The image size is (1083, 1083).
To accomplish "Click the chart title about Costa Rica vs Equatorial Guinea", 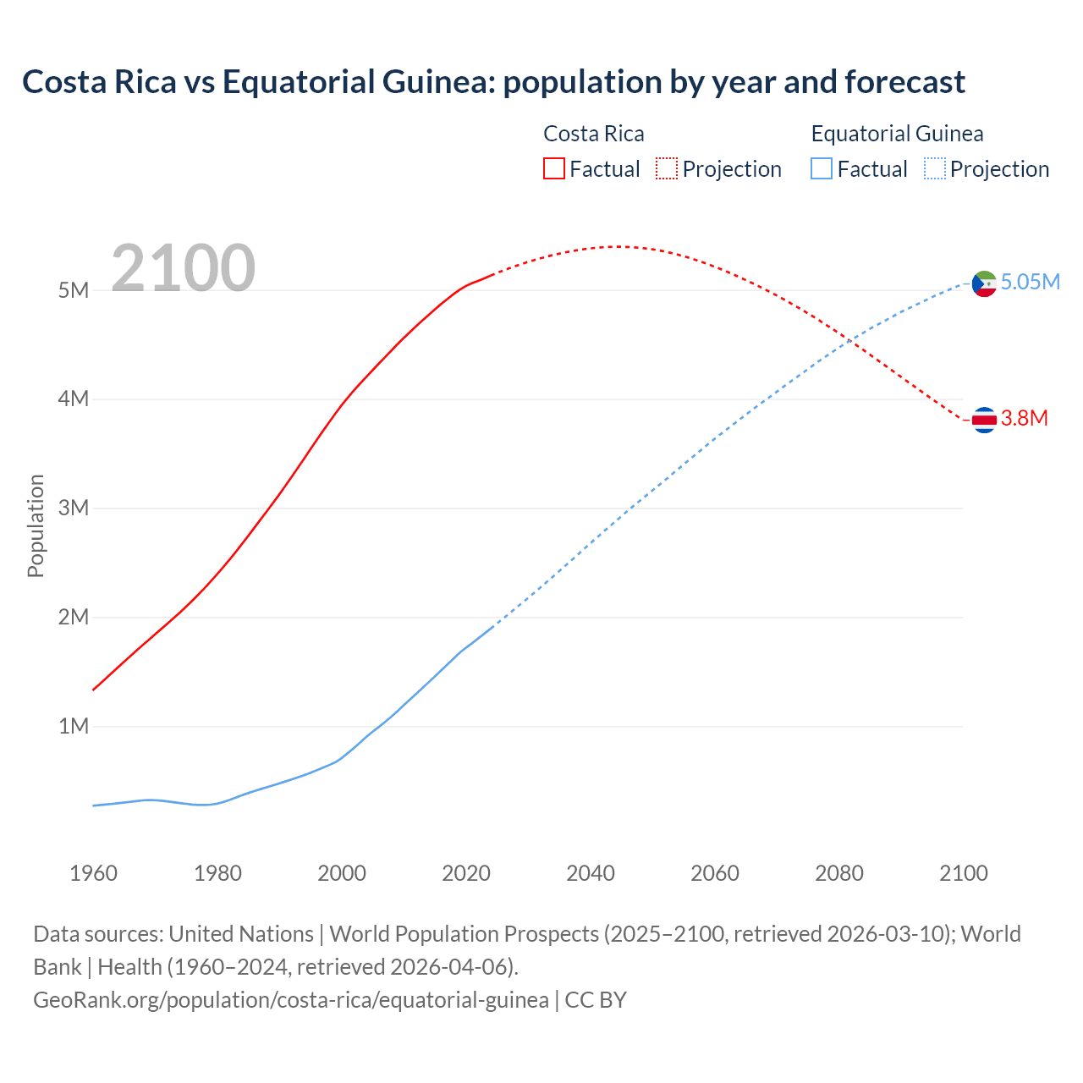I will click(x=493, y=82).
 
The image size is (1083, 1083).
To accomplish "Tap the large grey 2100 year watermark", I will click(x=183, y=268).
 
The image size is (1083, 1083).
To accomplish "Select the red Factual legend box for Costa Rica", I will click(x=553, y=169).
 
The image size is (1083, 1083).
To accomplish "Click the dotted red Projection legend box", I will click(x=667, y=169).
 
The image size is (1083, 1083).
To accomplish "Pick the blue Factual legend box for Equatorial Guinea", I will click(x=822, y=169).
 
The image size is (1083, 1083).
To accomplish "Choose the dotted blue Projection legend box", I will click(x=934, y=169).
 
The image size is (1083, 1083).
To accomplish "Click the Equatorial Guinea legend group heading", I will click(x=897, y=134).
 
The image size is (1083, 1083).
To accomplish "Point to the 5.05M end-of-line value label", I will click(x=1030, y=283).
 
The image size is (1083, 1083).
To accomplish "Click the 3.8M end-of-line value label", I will click(x=1024, y=419).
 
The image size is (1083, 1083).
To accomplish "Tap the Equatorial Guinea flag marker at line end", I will click(x=984, y=283).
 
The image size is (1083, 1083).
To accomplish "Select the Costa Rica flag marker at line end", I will click(x=984, y=420).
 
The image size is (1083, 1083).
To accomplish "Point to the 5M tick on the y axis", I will click(x=74, y=290).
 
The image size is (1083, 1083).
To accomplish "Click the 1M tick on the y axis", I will click(x=74, y=726).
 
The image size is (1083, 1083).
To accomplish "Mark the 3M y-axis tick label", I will click(x=74, y=508).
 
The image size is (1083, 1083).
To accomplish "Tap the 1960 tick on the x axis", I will click(x=93, y=873).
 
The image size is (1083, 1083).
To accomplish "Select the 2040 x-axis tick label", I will click(x=591, y=873).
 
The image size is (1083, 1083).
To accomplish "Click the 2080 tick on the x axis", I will click(x=839, y=873).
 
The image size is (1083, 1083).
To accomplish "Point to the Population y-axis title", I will click(x=36, y=525).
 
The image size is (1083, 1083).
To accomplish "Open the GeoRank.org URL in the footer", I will click(x=291, y=1000).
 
